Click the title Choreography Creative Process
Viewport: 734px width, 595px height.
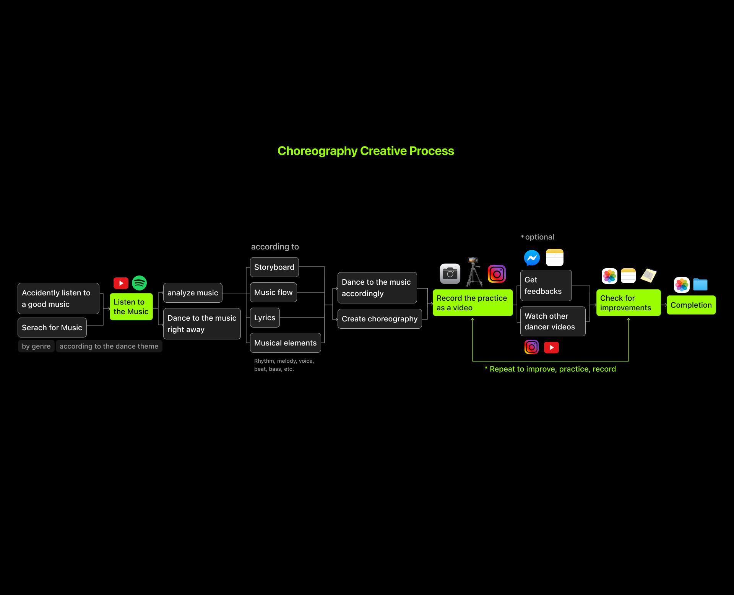tap(365, 151)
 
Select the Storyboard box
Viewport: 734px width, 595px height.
tap(274, 267)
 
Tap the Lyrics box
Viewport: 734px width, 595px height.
tap(265, 318)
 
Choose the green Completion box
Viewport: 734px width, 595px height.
tap(691, 305)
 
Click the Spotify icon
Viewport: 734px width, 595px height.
tap(139, 283)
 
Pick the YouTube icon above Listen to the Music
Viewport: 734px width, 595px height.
tap(121, 283)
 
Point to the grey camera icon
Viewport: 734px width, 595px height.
tap(450, 274)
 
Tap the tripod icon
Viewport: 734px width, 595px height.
tap(474, 272)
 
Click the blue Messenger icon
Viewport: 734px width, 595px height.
tap(532, 258)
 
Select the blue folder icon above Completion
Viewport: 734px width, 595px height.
tap(700, 285)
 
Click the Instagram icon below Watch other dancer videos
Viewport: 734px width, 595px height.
tap(531, 347)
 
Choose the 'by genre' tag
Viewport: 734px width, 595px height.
tap(36, 346)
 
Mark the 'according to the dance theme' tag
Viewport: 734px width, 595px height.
tap(109, 346)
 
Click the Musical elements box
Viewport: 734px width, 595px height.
tap(285, 343)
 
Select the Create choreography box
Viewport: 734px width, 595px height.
tap(379, 319)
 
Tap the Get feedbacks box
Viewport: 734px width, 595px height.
tap(546, 285)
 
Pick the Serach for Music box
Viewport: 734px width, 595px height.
tap(52, 328)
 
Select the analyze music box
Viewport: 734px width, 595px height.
tap(193, 293)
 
